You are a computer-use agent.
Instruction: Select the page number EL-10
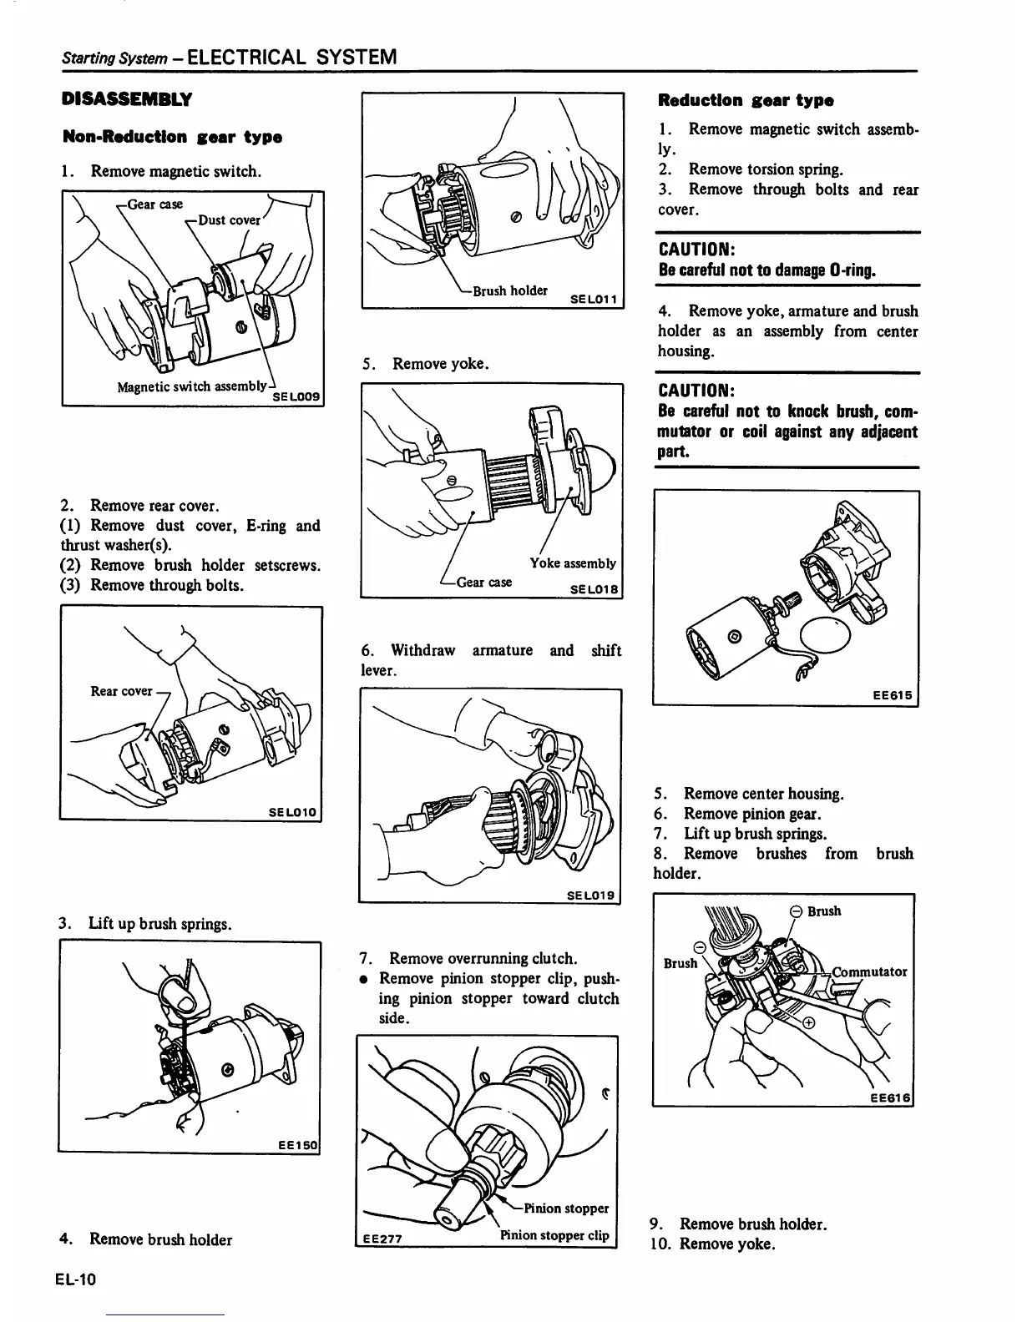point(78,1278)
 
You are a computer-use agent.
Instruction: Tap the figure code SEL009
point(297,396)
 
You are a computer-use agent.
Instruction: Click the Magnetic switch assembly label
point(192,386)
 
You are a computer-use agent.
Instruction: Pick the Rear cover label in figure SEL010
point(122,690)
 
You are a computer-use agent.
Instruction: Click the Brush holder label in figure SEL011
point(509,290)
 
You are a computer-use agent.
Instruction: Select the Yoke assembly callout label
point(573,563)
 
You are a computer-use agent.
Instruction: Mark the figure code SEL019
point(590,896)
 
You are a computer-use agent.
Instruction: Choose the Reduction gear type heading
point(746,100)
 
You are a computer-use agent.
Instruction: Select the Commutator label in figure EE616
point(869,971)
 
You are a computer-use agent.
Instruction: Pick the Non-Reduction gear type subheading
point(172,137)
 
